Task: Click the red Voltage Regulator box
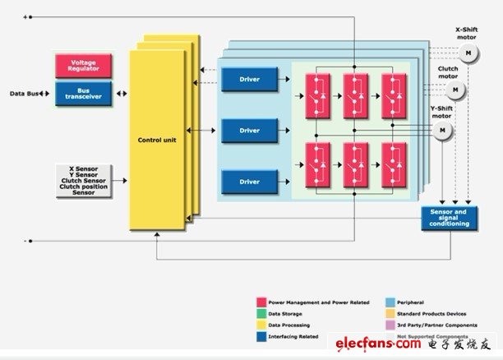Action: [83, 65]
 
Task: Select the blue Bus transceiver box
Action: [83, 92]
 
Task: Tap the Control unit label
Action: [157, 140]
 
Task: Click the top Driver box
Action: [250, 80]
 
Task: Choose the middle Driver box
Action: [250, 131]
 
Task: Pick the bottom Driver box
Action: [250, 182]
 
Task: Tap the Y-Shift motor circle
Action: [445, 130]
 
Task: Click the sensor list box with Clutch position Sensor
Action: [83, 180]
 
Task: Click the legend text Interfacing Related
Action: [293, 335]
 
